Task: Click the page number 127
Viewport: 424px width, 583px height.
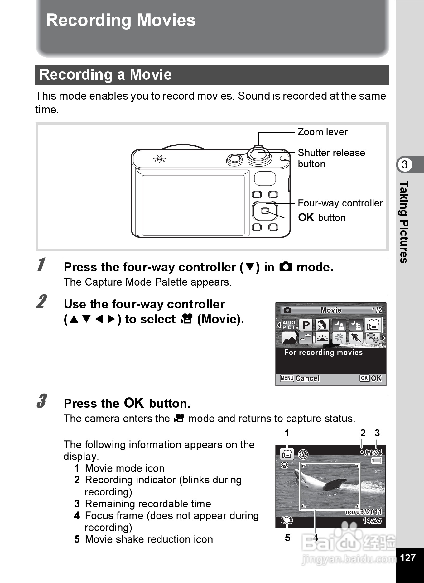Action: pyautogui.click(x=407, y=557)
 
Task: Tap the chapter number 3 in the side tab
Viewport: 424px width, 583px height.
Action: pyautogui.click(x=404, y=164)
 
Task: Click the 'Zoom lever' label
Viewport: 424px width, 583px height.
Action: pyautogui.click(x=322, y=132)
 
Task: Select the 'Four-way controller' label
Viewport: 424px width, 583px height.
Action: pyautogui.click(x=340, y=203)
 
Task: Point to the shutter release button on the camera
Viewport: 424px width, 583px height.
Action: pyautogui.click(x=259, y=154)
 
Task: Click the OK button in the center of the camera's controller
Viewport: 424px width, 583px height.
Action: pyautogui.click(x=264, y=211)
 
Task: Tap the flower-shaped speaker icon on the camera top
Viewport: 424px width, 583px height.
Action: pyautogui.click(x=159, y=159)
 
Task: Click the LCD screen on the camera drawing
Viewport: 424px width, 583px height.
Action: pyautogui.click(x=193, y=205)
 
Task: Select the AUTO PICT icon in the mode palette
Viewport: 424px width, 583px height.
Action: pyautogui.click(x=289, y=325)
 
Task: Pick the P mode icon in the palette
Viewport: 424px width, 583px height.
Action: pyautogui.click(x=306, y=325)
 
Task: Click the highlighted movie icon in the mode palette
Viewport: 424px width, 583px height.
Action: pyautogui.click(x=373, y=325)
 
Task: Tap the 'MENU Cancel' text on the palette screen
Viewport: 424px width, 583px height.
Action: pyautogui.click(x=300, y=378)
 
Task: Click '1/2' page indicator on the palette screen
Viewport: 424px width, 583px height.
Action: pyautogui.click(x=377, y=310)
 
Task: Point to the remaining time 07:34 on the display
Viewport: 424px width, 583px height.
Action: pyautogui.click(x=373, y=452)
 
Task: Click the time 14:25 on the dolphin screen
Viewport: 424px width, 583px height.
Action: pyautogui.click(x=372, y=520)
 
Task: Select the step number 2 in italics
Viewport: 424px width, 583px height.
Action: pyautogui.click(x=41, y=302)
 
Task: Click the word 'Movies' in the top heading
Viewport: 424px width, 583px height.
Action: pyautogui.click(x=166, y=20)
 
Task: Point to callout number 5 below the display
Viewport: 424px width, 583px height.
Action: pyautogui.click(x=287, y=538)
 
